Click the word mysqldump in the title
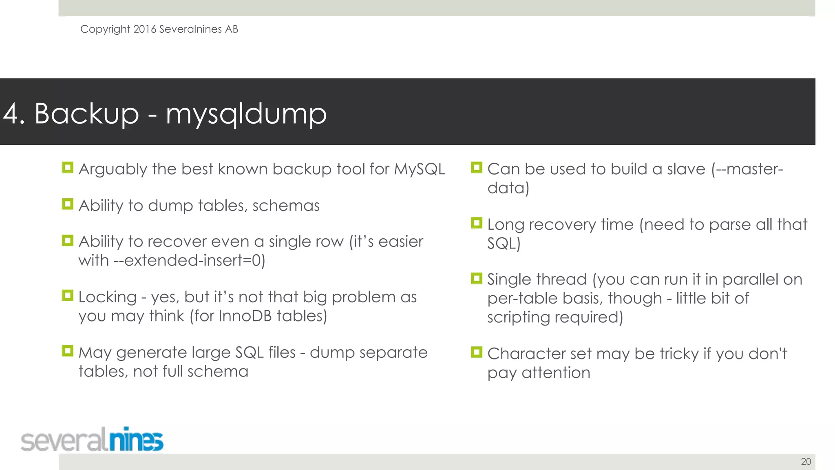246,114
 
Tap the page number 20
806,461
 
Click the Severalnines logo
92,440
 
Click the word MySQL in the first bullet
419,169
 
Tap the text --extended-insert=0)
189,260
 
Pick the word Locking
107,297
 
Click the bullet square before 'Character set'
476,352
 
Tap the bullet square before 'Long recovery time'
476,223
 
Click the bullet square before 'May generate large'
67,350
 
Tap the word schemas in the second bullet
286,206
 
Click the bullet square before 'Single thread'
476,278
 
